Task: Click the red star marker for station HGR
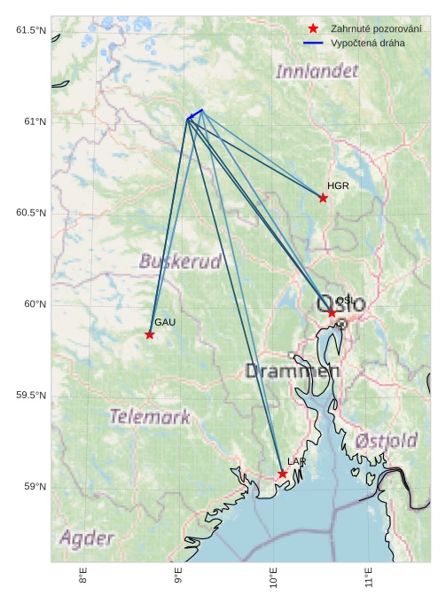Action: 323,198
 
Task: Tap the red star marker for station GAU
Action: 150,334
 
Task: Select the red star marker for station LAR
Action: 282,474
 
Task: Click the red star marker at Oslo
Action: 332,312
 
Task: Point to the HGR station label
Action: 338,186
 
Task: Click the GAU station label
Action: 165,323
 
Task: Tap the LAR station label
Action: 296,462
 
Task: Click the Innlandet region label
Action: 317,71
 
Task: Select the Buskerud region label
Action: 180,262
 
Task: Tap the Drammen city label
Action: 293,371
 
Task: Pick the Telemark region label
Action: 150,416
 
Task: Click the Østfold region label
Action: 386,441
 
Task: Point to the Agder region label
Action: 87,537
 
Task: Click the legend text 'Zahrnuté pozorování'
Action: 376,29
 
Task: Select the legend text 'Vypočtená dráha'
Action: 368,43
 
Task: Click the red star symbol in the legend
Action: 313,29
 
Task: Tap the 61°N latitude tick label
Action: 31,122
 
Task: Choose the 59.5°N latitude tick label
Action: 28,396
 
